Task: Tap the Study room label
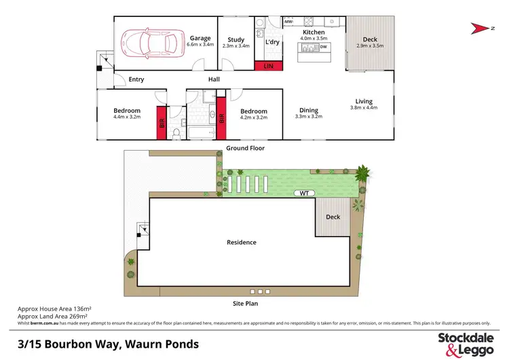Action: (x=235, y=39)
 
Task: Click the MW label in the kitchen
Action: (x=288, y=22)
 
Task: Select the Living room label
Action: (x=363, y=102)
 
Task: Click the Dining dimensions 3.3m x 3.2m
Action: (x=309, y=117)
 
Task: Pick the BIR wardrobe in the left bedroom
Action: (x=162, y=123)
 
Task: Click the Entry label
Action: (x=136, y=79)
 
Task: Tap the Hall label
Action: (x=214, y=79)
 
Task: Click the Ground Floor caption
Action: (x=246, y=148)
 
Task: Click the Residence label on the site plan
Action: (x=241, y=242)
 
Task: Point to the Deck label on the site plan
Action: (x=333, y=217)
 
